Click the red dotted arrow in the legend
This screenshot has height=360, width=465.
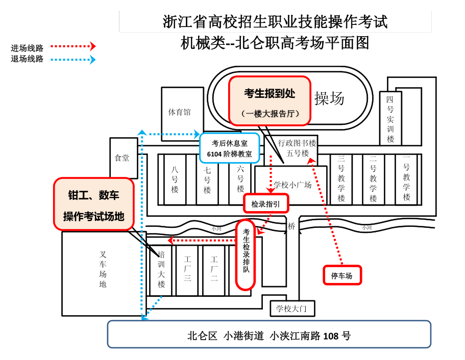point(73,46)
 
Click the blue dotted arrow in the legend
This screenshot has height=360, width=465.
point(73,59)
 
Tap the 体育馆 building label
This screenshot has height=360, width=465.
point(180,112)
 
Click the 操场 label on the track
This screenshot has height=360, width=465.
point(329,98)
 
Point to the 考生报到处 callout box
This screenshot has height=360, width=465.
point(270,101)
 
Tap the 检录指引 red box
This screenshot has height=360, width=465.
point(265,204)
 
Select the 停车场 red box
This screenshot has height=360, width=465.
point(342,275)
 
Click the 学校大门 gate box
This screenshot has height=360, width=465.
point(292,308)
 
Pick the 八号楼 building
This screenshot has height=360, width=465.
point(175,179)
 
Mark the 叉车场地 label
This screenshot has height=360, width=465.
point(103,269)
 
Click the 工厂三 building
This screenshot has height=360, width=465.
point(187,270)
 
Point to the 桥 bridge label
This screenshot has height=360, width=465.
point(291,226)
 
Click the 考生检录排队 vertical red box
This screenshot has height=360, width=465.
point(246,254)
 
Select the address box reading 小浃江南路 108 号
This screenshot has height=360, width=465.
point(269,335)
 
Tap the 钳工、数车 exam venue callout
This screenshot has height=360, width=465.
point(94,204)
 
